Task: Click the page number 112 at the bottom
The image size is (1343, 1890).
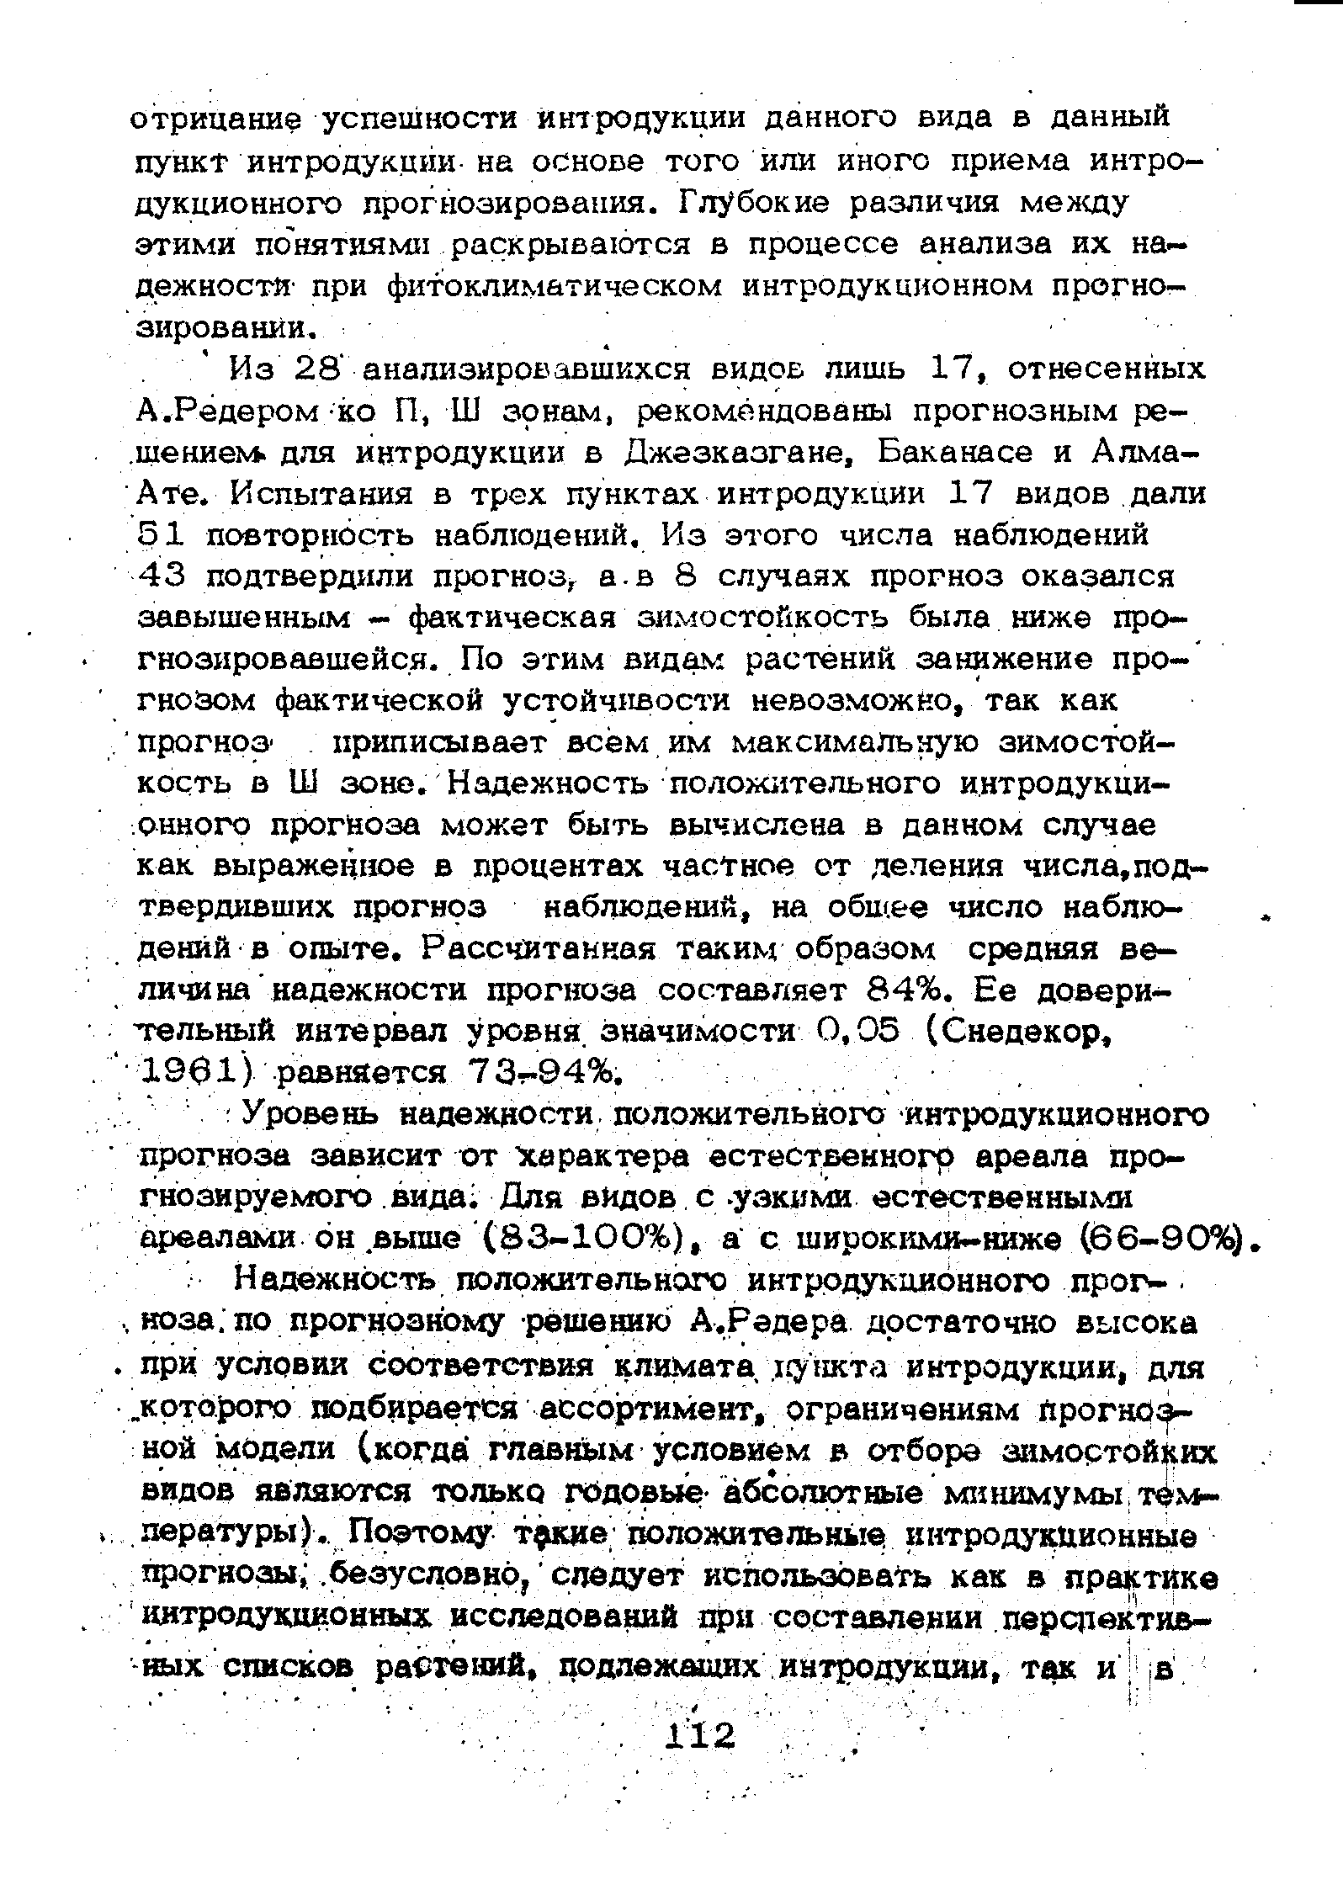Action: [x=699, y=1734]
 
